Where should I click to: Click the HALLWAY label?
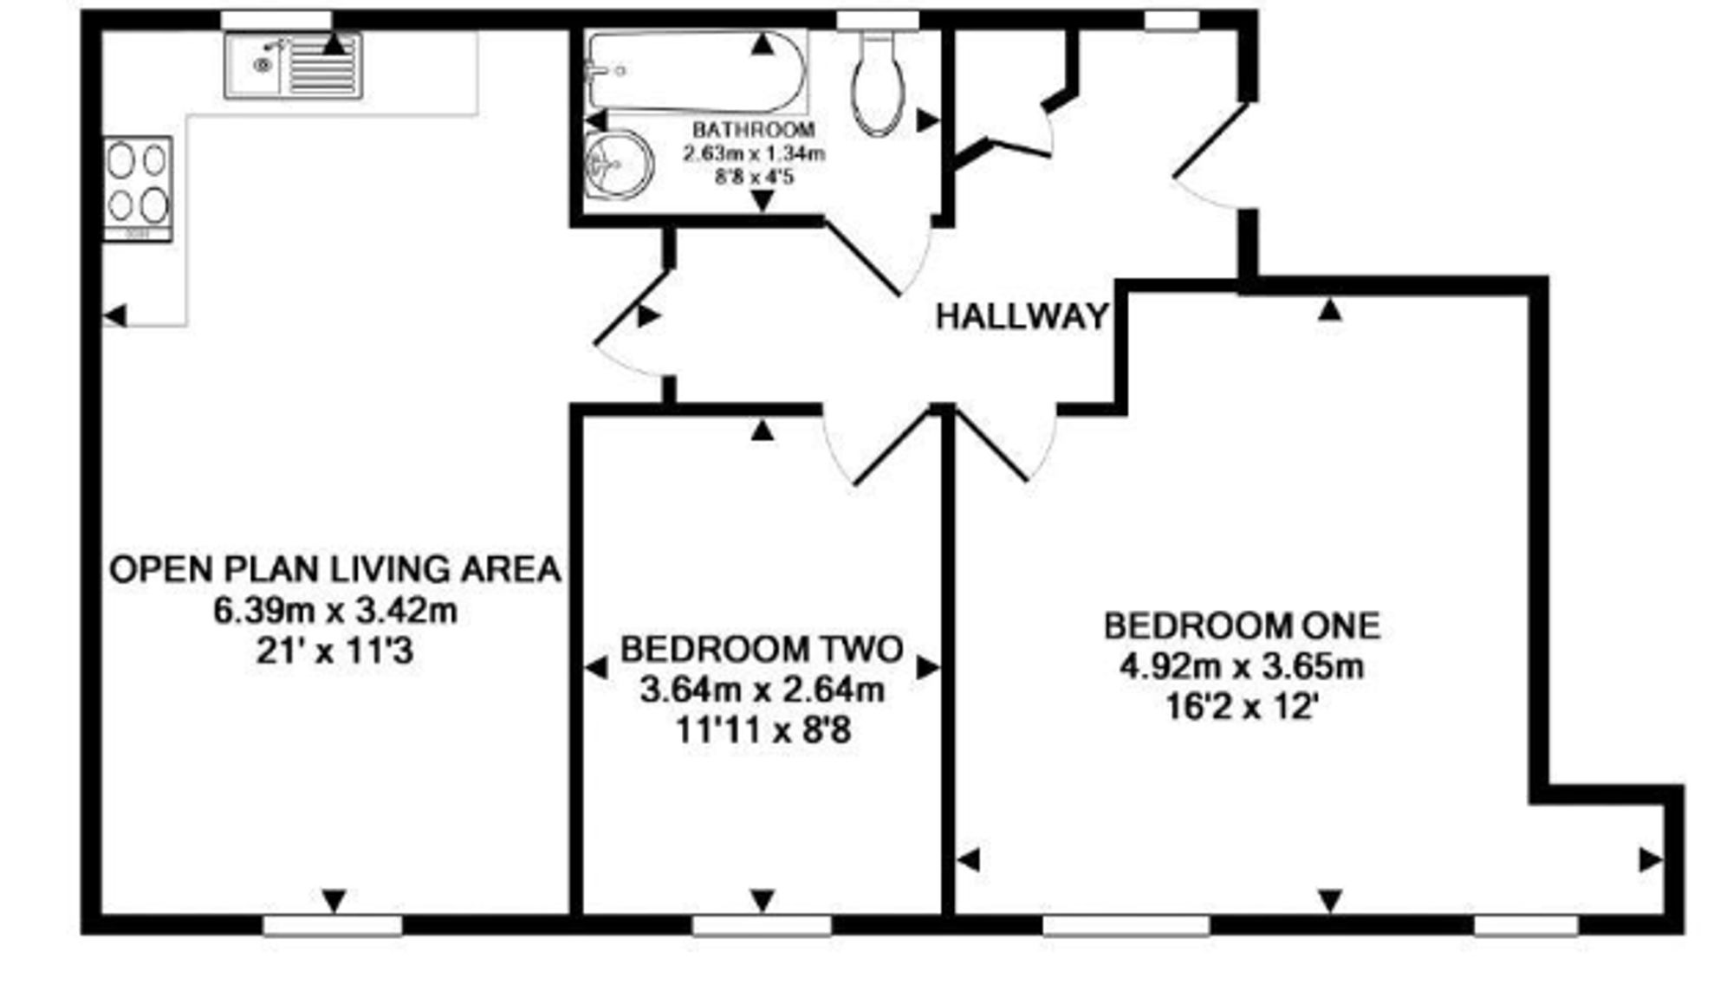tap(1022, 316)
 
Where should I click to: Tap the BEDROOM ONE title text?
tap(1242, 625)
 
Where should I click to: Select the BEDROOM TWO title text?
tap(762, 649)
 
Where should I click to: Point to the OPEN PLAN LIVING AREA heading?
tap(335, 569)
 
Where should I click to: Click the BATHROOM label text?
tap(754, 130)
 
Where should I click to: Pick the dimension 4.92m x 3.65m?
tap(1242, 667)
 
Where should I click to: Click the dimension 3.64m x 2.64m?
tap(763, 690)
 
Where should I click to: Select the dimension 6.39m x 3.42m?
tap(335, 611)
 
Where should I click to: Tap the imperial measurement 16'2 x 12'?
tap(1242, 708)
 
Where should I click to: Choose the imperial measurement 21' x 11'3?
tap(335, 651)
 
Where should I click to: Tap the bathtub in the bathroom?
tap(696, 71)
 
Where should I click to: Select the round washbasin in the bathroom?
tap(619, 165)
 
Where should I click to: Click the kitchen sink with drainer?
tap(293, 65)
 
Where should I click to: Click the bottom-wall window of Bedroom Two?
tap(761, 926)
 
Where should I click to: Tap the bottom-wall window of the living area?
tap(333, 926)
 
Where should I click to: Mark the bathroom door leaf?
tap(863, 257)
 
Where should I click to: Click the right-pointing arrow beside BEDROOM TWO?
tap(928, 667)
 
